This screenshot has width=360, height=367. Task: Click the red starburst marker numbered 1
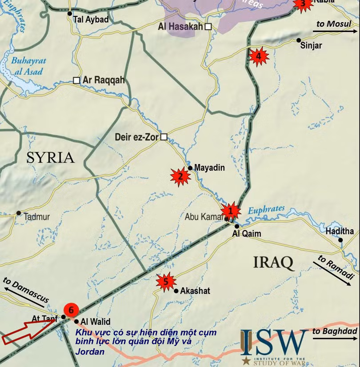231,211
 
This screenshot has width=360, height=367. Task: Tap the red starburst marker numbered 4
259,56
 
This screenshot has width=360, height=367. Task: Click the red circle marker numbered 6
71,310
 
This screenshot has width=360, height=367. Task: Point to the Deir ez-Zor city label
136,137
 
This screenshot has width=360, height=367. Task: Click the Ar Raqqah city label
104,80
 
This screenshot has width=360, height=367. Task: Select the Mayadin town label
209,168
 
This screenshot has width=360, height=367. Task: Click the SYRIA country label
50,158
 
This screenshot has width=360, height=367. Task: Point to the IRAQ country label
273,263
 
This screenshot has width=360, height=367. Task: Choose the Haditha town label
340,231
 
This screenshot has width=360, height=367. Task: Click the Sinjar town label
311,45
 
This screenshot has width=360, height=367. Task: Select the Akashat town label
195,291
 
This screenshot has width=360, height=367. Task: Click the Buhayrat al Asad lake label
27,66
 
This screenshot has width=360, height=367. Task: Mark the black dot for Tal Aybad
70,14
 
